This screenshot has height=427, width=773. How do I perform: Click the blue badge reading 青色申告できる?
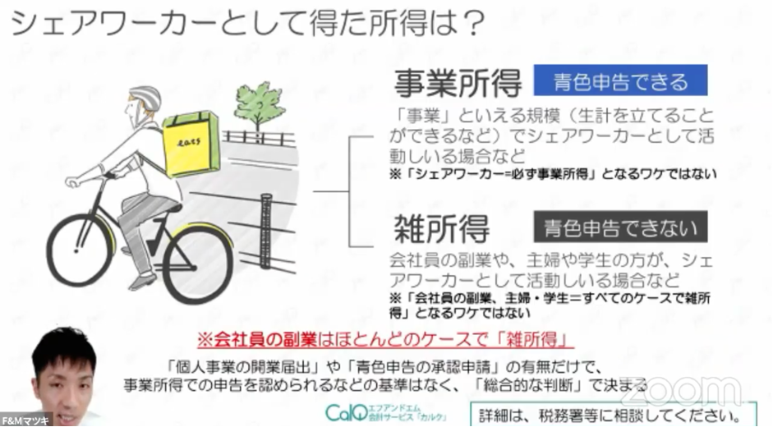pos(620,82)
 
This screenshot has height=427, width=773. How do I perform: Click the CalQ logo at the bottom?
pos(345,411)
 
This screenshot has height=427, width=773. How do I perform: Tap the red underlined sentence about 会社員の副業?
pos(385,338)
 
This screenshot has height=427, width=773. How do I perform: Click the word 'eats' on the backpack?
pos(190,143)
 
